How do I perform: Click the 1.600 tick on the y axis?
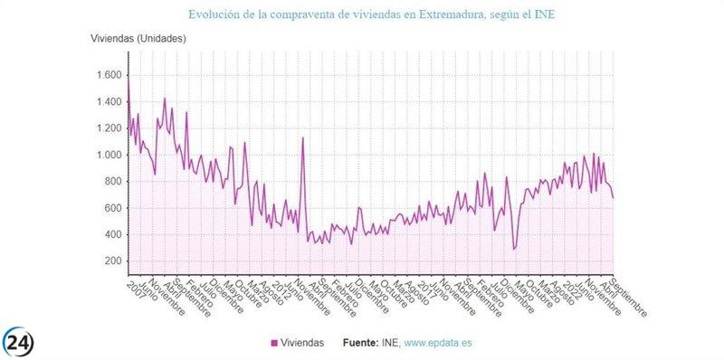[x=108, y=75]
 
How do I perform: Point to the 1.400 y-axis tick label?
[x=108, y=101]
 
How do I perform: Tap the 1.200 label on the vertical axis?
[x=108, y=128]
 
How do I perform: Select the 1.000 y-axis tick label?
[x=108, y=155]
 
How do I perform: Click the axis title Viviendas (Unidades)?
[x=138, y=38]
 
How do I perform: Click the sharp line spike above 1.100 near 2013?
[x=302, y=137]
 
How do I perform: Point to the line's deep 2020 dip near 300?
[x=514, y=249]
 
